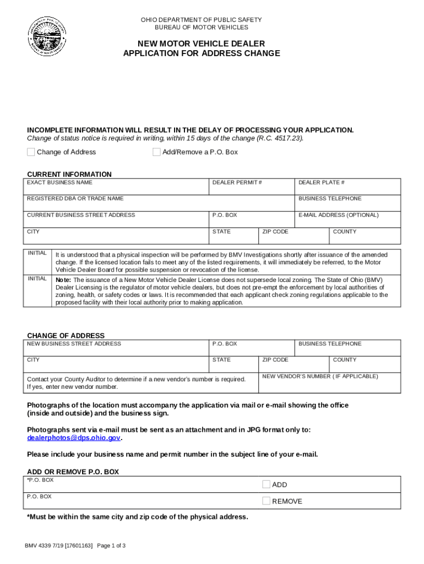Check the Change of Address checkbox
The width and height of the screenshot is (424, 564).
point(31,152)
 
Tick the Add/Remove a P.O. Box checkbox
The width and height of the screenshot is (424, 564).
point(156,152)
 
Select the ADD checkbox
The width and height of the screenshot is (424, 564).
point(266,485)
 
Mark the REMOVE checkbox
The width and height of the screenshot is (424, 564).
point(266,501)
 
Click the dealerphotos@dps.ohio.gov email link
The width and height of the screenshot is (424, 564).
point(74,438)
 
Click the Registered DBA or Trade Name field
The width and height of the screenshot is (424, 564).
point(160,205)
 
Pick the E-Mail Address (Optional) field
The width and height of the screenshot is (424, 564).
point(348,221)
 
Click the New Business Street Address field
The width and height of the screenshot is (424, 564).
point(117,350)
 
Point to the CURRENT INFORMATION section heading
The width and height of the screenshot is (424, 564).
point(69,174)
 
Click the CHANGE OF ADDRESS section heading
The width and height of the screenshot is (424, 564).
point(66,335)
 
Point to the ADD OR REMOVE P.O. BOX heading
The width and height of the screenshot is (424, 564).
point(73,472)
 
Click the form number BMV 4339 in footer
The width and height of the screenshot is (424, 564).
point(41,546)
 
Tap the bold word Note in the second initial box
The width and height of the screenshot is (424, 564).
point(63,280)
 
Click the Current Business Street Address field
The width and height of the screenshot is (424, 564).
point(117,221)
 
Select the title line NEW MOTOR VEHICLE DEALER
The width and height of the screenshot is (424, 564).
point(201,44)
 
